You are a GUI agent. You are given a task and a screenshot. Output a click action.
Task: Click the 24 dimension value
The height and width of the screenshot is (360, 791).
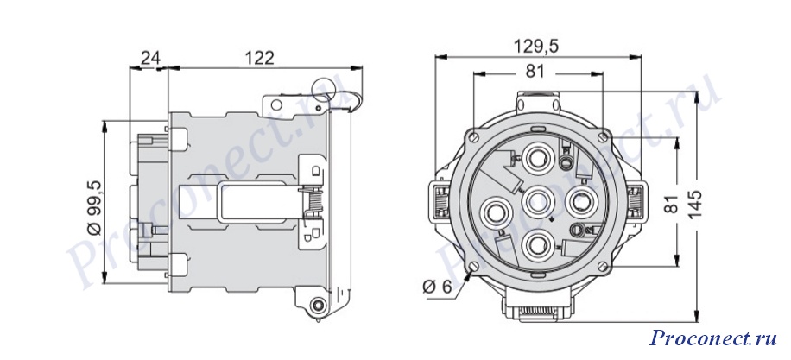pos(149,59)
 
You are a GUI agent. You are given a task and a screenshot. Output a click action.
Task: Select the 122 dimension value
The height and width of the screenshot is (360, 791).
pos(260,59)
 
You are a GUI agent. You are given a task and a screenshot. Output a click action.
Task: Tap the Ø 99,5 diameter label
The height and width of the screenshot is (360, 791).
pos(94,207)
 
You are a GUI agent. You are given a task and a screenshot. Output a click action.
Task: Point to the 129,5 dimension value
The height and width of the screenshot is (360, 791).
pos(536,47)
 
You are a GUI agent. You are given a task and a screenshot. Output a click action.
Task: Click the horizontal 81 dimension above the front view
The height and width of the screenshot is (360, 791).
pos(535,73)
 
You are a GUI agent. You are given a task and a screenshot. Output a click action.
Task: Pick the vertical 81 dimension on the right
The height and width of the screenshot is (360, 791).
pos(670,202)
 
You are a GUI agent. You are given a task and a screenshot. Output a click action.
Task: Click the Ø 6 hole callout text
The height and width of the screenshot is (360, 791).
pos(436,287)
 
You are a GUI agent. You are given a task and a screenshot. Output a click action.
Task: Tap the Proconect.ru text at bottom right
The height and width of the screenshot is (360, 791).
pos(712,338)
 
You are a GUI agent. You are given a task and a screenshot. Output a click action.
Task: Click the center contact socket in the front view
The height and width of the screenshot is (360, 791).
pos(539,200)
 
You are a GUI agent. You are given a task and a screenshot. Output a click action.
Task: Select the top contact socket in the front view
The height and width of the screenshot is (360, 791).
pos(537,159)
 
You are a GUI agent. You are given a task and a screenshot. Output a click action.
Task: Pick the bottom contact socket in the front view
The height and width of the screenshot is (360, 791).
pos(538,243)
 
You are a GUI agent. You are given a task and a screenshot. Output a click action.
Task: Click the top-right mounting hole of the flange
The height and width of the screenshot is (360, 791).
pos(603,136)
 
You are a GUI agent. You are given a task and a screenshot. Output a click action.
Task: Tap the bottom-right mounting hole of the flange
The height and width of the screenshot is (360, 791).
pos(604,266)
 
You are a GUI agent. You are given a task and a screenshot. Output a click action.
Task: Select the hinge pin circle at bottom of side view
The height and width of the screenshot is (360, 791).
pos(318,305)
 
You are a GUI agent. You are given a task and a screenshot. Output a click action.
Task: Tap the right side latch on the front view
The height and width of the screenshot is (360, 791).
pos(636,201)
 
